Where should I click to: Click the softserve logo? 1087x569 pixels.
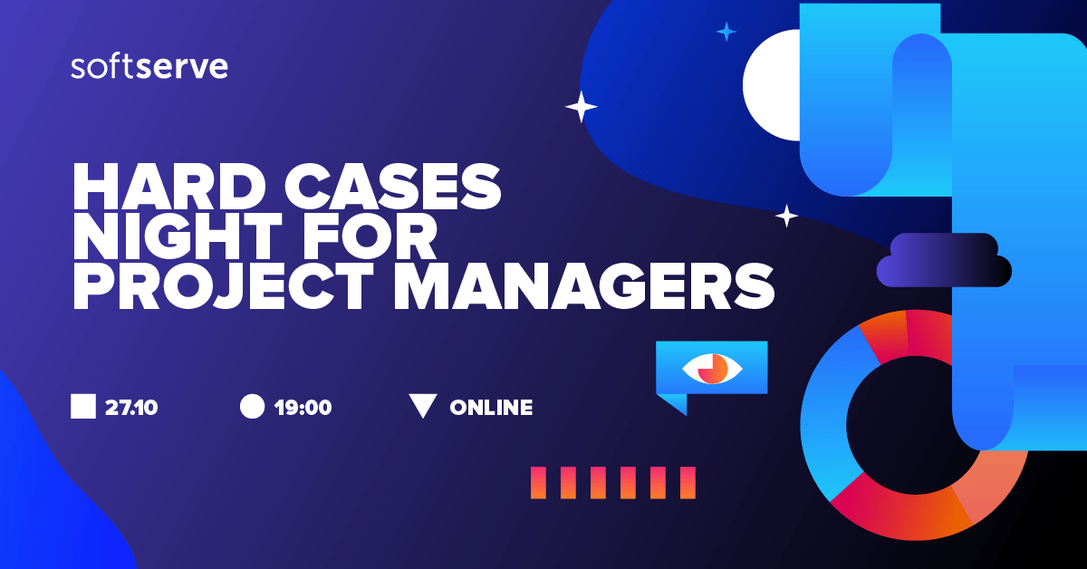coord(149,67)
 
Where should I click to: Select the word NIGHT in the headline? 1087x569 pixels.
coord(178,236)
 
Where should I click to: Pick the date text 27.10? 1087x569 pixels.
coord(131,408)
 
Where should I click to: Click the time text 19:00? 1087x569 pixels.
coord(303,408)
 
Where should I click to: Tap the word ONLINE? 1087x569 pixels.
coord(491,408)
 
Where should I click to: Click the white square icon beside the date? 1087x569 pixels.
coord(83,406)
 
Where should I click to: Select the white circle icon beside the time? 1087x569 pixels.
coord(253,406)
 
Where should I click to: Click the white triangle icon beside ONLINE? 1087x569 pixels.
coord(423,404)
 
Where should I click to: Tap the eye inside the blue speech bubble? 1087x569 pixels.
coord(712,369)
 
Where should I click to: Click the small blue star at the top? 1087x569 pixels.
coord(726,32)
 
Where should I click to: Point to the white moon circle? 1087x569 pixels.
coord(772,85)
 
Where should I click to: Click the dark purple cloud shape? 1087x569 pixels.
coord(944,260)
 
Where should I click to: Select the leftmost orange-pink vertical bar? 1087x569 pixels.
coord(538,483)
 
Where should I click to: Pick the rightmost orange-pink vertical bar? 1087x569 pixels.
coord(688,483)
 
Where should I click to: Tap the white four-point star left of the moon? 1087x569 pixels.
coord(581,106)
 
